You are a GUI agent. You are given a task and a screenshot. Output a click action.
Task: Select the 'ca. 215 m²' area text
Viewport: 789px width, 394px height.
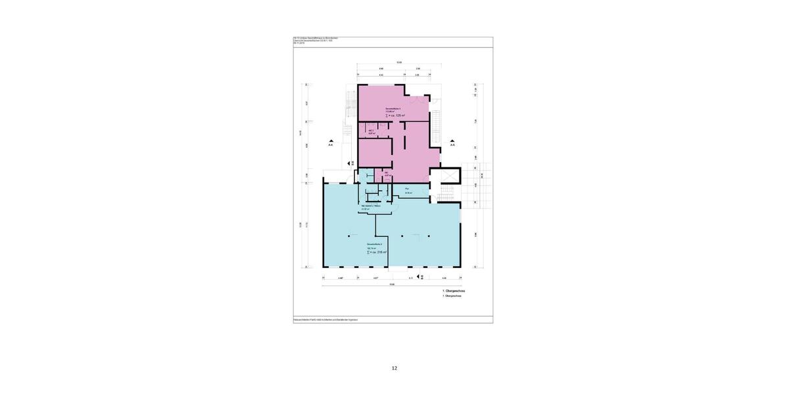[x=377, y=252]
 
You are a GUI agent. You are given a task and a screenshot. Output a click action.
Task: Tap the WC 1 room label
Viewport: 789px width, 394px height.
[x=371, y=131]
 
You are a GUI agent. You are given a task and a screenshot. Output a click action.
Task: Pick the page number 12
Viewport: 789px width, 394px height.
[x=394, y=368]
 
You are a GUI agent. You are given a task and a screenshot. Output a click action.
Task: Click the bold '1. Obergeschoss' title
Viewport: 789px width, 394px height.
[x=454, y=290]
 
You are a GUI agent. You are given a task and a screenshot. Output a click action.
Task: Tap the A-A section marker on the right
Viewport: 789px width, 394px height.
[x=452, y=143]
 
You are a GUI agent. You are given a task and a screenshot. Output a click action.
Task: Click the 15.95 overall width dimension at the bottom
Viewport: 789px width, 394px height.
[x=391, y=284]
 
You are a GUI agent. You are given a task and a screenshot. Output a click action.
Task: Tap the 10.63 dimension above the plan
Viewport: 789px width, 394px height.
[x=399, y=62]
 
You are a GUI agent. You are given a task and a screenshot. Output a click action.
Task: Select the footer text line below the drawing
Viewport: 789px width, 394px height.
[x=325, y=320]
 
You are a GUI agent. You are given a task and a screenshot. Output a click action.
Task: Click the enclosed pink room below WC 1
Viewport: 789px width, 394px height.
[x=374, y=152]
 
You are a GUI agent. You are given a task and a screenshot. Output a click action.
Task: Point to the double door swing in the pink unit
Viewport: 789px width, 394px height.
[x=414, y=102]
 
